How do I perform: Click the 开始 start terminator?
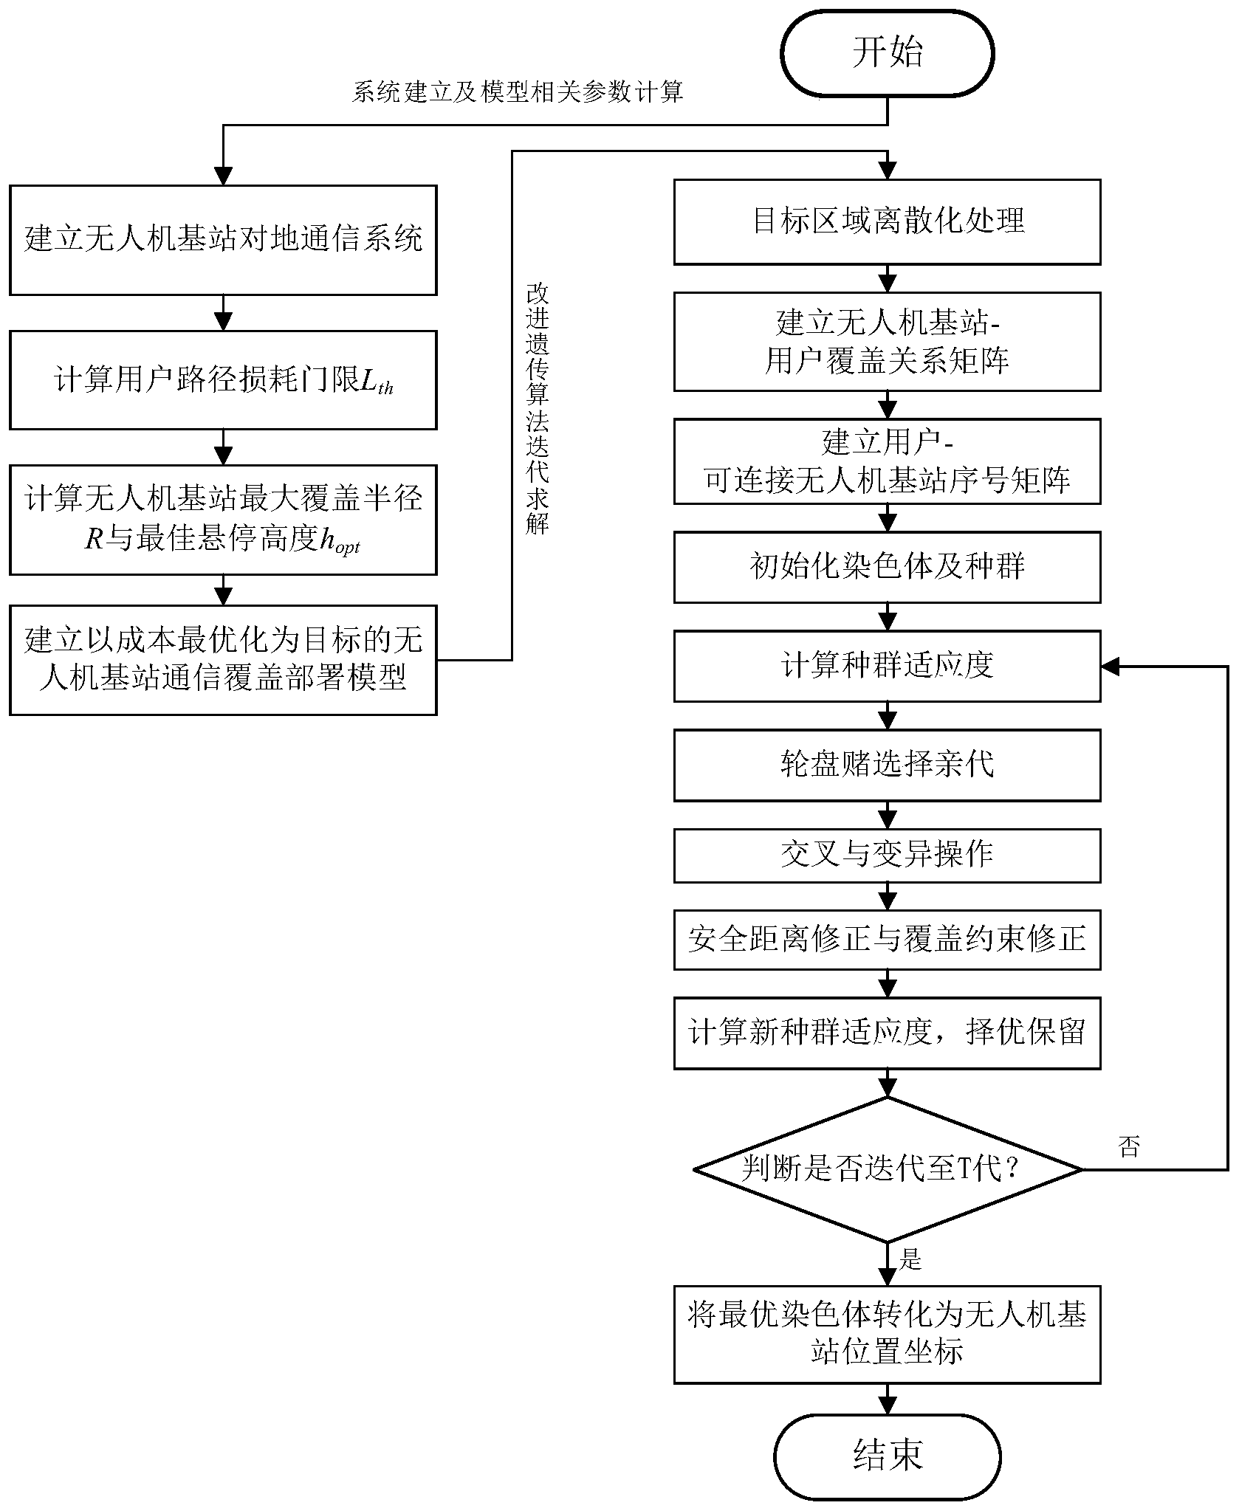coord(887,53)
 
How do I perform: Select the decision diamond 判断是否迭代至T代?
coord(887,1169)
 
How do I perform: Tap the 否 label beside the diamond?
coord(1129,1146)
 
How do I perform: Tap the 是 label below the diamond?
coord(910,1259)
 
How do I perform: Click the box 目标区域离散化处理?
coord(887,221)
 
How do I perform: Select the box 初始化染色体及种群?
coord(887,567)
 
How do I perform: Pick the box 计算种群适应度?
coord(887,666)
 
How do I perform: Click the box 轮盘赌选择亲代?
coord(887,765)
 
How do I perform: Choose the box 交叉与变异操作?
coord(887,856)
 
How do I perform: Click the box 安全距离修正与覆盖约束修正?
coord(887,940)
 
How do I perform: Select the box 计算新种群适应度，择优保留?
coord(887,1033)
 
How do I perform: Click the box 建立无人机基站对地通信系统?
coord(223,240)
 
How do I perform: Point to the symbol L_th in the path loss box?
coord(377,382)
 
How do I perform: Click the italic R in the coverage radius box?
coord(93,540)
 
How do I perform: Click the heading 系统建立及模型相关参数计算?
coord(517,93)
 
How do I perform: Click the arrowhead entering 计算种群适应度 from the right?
coord(1110,667)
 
